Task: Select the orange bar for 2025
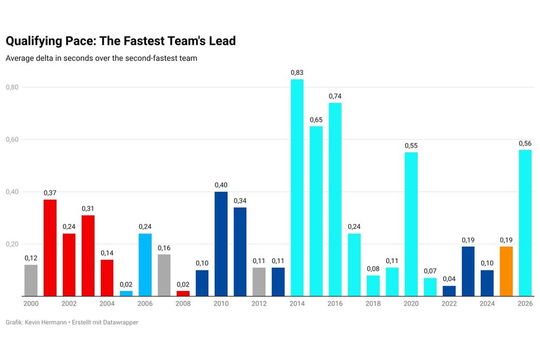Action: [506, 271]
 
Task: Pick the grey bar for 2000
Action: [31, 280]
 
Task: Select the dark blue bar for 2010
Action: [221, 243]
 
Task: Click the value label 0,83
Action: [297, 72]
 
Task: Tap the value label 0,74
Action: [335, 96]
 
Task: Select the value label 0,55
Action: [411, 146]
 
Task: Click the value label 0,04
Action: [449, 279]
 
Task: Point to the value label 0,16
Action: [164, 248]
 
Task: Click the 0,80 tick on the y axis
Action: [12, 87]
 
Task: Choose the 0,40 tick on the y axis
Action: [12, 192]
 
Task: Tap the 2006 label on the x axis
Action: [145, 304]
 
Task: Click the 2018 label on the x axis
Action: [373, 304]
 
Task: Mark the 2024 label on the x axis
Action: [487, 304]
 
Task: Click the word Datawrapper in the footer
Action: [119, 322]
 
